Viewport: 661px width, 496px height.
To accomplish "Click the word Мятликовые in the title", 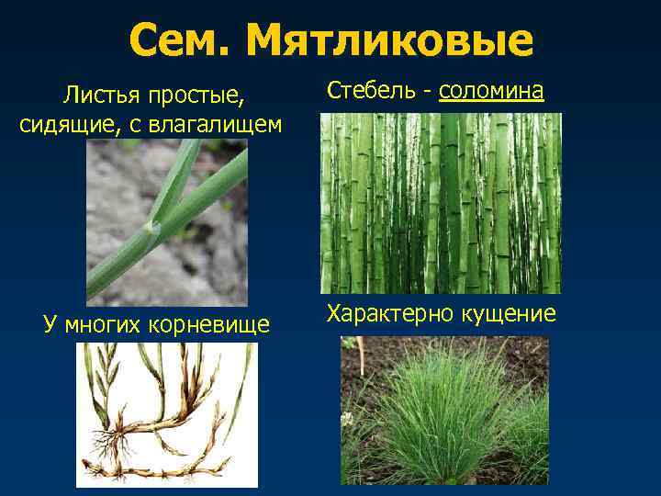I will click(x=390, y=40).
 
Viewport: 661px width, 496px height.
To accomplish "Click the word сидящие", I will click(x=62, y=124).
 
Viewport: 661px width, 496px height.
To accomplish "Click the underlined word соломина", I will click(x=491, y=91).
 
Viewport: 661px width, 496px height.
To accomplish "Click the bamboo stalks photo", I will click(x=440, y=203).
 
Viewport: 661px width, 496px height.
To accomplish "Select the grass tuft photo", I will click(x=443, y=411).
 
